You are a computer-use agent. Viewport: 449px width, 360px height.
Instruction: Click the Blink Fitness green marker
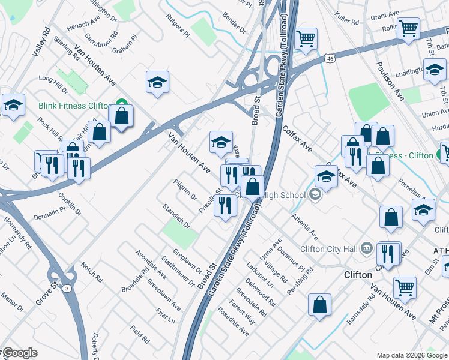[x=122, y=105]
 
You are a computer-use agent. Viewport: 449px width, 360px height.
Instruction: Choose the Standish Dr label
[x=176, y=216]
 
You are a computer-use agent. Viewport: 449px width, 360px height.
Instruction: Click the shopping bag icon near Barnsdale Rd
[x=320, y=304]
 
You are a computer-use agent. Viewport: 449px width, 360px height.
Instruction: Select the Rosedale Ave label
[x=234, y=322]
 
